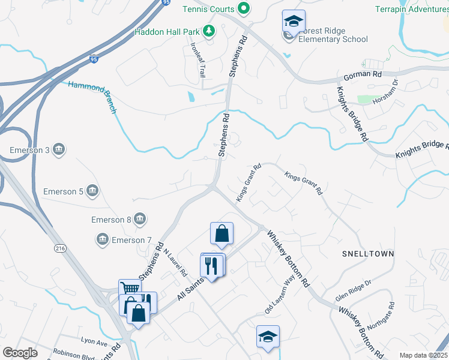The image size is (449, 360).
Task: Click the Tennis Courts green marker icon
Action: (244, 8)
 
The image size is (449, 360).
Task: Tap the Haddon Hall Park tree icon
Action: (209, 31)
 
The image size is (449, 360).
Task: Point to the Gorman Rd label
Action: (363, 76)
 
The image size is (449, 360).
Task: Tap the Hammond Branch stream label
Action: (92, 97)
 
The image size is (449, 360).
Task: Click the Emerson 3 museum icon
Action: (59, 149)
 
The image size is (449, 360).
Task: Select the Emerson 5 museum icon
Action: (92, 191)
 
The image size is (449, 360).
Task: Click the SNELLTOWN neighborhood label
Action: (369, 254)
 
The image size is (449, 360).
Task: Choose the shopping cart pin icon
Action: (130, 289)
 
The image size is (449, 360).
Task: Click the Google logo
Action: (20, 353)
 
